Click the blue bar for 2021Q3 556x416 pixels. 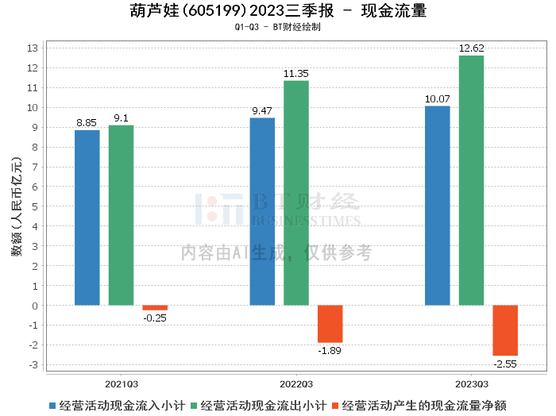[87, 218]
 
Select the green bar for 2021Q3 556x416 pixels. [121, 215]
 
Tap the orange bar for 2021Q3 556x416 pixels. [155, 307]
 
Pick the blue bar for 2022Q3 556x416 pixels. [262, 211]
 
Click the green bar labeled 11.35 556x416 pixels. [296, 193]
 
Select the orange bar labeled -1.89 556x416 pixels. [330, 324]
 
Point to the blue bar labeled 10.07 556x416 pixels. [438, 206]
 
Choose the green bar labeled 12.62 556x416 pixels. [471, 180]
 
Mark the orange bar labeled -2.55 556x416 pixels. [505, 330]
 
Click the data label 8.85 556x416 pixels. [87, 122]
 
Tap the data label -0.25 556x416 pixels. [155, 318]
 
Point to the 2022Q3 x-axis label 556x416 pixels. [296, 383]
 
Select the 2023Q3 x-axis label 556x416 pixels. [471, 383]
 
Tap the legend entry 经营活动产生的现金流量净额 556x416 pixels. [423, 405]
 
